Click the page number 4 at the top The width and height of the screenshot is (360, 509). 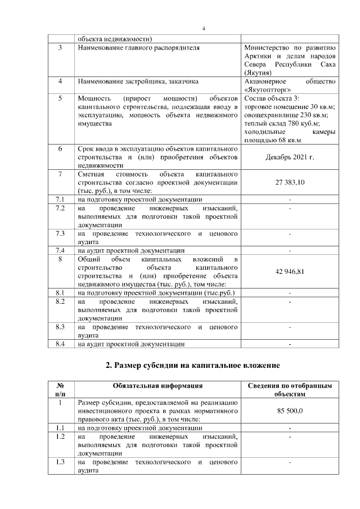[204, 29]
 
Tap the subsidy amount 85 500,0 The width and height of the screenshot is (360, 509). [290, 411]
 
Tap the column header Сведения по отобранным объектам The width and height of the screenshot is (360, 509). [290, 390]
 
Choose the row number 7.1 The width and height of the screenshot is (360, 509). [61, 199]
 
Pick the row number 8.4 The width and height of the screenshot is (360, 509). [61, 344]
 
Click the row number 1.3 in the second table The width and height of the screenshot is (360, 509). [61, 462]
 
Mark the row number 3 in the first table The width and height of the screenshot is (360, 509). [61, 48]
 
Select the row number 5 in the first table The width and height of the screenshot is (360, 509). [61, 98]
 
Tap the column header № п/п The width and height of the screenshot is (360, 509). [61, 390]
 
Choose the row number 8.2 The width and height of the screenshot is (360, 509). [61, 301]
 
